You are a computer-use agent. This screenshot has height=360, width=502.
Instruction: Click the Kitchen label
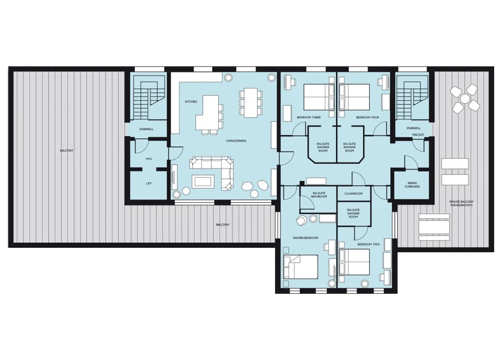(191, 102)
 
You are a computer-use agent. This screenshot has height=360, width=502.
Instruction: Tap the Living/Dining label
(236, 141)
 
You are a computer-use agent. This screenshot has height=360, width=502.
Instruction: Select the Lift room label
(149, 184)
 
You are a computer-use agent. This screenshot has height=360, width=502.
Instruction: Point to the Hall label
(149, 159)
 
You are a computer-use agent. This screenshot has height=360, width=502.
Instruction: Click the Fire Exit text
(418, 135)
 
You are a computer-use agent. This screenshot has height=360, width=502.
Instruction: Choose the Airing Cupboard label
(412, 185)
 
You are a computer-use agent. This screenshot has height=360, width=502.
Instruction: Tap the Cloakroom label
(353, 193)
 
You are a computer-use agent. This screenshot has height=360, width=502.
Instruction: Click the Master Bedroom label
(305, 238)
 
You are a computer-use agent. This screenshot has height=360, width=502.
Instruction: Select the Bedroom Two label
(369, 244)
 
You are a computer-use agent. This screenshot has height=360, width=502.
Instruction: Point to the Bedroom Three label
(309, 118)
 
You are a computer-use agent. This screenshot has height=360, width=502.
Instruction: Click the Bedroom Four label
(367, 118)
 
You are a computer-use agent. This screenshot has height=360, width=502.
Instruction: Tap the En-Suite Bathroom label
(319, 195)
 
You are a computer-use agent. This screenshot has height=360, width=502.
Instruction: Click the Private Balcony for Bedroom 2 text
(461, 204)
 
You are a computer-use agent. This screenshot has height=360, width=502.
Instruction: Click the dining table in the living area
(251, 102)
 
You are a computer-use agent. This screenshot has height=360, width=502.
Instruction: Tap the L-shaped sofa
(212, 172)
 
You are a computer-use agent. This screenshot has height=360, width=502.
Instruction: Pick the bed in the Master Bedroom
(301, 267)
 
